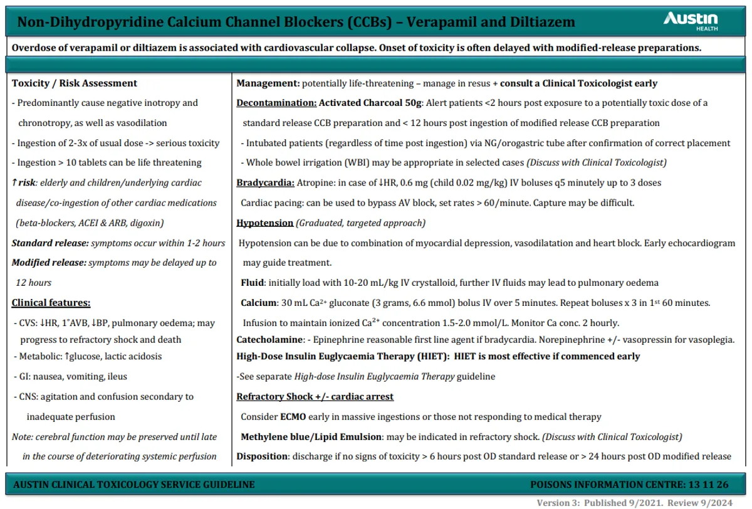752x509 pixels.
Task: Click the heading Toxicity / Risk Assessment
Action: point(75,83)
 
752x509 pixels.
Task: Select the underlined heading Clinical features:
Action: point(51,303)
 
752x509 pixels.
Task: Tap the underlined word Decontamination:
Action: point(276,103)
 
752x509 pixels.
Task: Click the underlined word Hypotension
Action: point(265,223)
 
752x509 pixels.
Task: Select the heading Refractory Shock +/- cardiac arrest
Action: point(315,396)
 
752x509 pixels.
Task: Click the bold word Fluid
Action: point(253,283)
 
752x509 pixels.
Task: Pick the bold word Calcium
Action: point(259,303)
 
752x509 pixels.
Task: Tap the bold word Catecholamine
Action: point(269,340)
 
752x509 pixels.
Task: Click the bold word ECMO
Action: point(293,416)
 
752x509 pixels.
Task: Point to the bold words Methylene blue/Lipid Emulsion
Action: point(310,436)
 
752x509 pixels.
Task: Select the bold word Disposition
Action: point(262,456)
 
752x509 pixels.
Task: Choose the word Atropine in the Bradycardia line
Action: point(316,183)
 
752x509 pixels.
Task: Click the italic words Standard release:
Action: point(50,243)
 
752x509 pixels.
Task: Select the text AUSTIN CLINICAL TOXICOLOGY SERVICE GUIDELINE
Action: point(133,485)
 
